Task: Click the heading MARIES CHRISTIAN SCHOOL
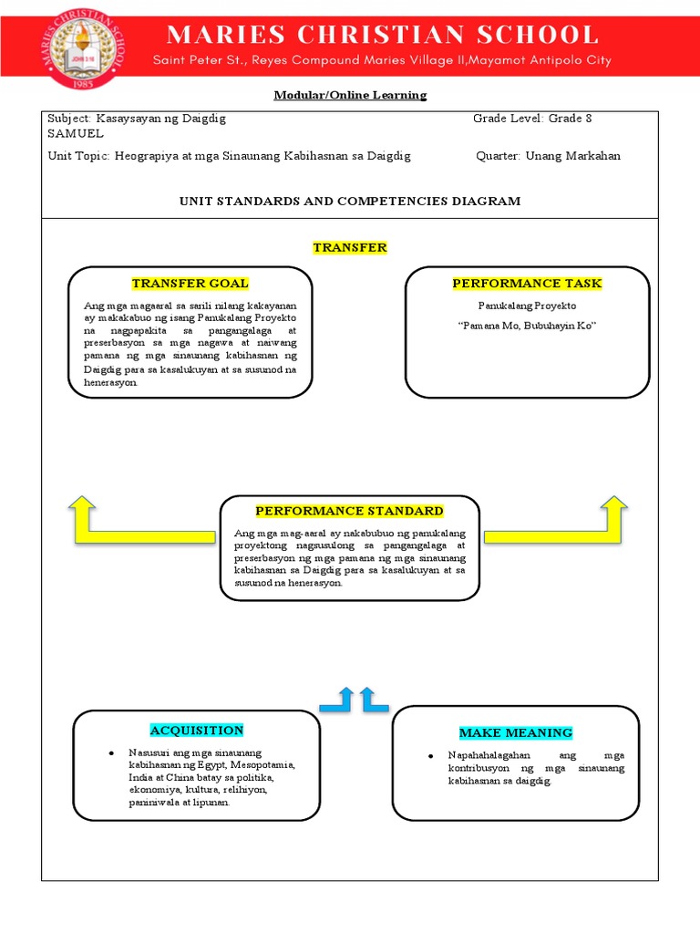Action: pos(383,36)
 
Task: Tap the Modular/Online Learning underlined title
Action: pos(350,95)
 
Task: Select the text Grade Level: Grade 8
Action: pos(532,119)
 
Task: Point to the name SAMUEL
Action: pos(76,133)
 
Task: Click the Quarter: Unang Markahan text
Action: pos(548,156)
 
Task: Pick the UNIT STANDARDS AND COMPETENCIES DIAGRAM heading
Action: pos(350,201)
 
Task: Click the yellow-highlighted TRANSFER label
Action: pos(350,248)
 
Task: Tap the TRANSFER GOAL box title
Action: pos(190,284)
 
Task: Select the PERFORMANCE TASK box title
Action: pos(527,284)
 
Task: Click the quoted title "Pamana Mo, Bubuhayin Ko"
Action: pos(527,327)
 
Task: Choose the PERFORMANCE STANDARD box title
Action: pos(349,511)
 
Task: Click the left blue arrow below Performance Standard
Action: pos(338,700)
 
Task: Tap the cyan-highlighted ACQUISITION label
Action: pos(197,731)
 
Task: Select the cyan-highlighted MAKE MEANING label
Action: pos(515,732)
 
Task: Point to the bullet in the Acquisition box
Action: pos(109,753)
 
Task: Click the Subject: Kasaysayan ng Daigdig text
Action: pos(137,119)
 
